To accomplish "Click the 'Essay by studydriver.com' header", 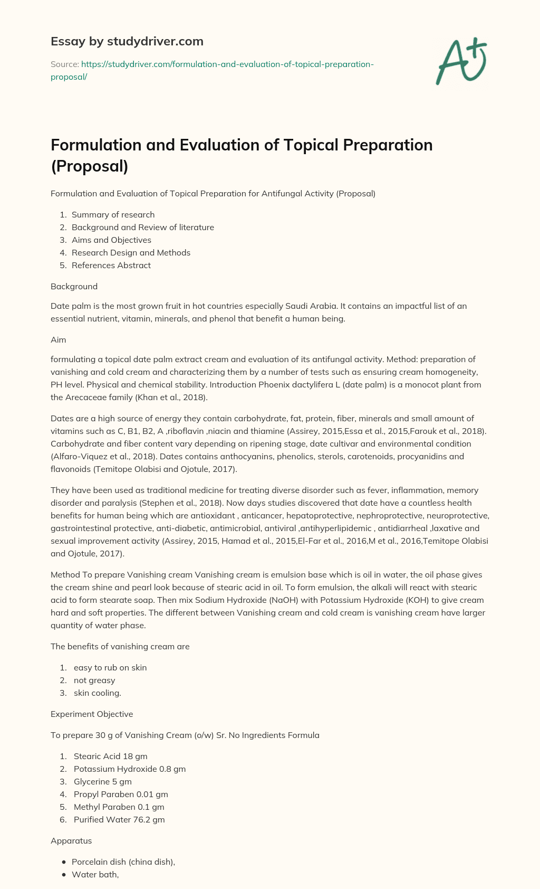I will point(127,41).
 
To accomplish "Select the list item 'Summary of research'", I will point(113,214).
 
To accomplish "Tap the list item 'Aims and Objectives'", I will point(111,240).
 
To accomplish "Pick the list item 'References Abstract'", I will point(111,265).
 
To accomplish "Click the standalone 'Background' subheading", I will point(74,286).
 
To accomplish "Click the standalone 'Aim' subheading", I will point(58,340).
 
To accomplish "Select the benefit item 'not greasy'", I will point(94,680).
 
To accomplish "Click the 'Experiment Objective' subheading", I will point(92,714).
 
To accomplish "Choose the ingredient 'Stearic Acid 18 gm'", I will point(110,756).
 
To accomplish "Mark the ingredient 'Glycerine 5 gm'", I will point(103,781).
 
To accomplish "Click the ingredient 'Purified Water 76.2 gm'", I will point(119,819).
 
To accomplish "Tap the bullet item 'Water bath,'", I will point(95,874).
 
